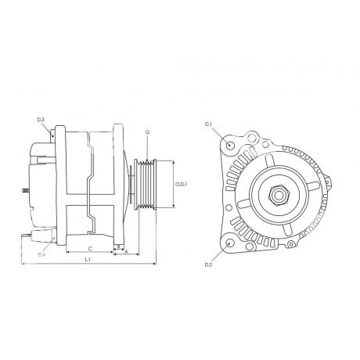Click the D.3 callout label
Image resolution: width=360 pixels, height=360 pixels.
pos(41,120)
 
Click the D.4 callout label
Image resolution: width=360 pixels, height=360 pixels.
pos(42,254)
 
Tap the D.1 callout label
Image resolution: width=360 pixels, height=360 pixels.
pos(208,124)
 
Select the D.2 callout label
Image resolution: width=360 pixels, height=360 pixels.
pos(208,265)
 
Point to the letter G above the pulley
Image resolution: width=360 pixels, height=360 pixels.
pos(148,132)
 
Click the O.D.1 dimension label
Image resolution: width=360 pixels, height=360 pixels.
pos(182,184)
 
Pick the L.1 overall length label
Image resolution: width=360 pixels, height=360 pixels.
pos(88,260)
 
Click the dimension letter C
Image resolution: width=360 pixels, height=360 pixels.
pos(90,249)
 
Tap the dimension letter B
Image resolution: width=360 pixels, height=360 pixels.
pos(119,246)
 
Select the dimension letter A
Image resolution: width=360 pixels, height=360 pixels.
pos(127,252)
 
